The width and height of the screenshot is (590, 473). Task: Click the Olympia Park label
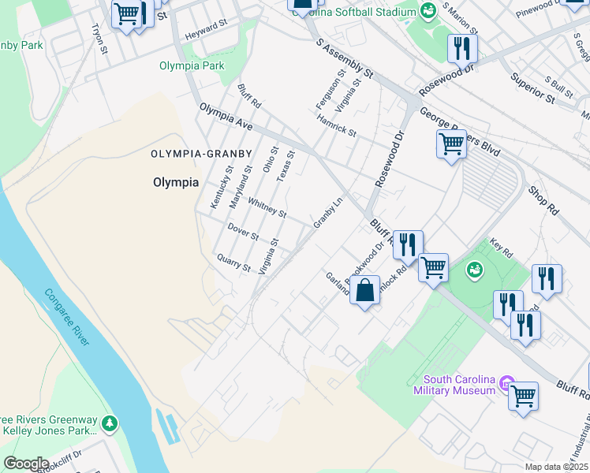click(192, 66)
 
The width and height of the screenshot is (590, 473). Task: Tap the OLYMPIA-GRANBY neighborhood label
click(201, 154)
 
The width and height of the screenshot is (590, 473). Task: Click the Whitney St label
click(267, 208)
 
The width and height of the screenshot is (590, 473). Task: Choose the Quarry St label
click(233, 263)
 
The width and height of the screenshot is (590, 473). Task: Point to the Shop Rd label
click(543, 201)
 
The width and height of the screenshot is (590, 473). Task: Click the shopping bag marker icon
click(364, 290)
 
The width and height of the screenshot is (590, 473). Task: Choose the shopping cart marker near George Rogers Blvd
click(450, 143)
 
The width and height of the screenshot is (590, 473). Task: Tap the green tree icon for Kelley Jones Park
click(108, 424)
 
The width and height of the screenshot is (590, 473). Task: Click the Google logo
click(25, 464)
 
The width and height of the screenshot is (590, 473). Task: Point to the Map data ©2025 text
click(556, 467)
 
